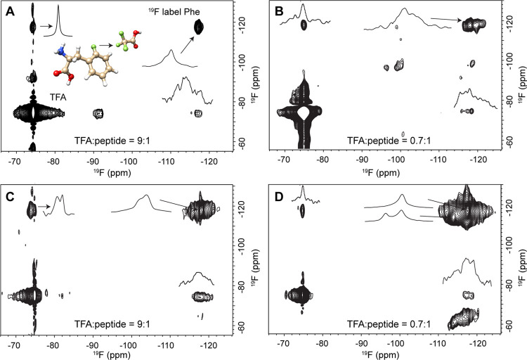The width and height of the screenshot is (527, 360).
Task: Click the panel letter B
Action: (280, 11)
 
